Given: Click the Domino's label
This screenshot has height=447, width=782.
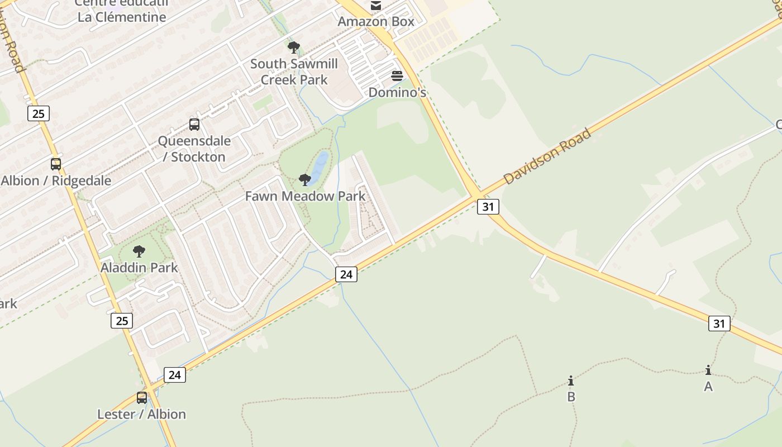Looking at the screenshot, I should tap(397, 92).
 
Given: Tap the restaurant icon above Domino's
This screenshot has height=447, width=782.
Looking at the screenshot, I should tap(397, 76).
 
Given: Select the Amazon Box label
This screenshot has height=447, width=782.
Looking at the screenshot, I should tap(376, 22).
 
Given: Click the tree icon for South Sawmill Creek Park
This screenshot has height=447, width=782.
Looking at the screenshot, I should tap(294, 47).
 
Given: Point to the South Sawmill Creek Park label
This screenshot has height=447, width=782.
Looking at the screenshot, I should tap(294, 72).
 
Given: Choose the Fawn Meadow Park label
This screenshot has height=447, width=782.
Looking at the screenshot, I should tap(305, 196).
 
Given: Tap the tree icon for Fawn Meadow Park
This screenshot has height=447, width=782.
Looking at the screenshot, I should tap(305, 179).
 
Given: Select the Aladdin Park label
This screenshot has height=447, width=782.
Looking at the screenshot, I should tap(139, 268).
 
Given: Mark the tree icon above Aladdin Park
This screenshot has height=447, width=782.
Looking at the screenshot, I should tap(139, 251).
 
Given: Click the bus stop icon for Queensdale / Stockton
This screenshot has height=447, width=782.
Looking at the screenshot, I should tap(194, 125).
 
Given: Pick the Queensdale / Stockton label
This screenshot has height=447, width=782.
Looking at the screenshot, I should tap(194, 149).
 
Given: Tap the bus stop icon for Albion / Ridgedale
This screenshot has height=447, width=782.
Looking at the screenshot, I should tap(56, 164).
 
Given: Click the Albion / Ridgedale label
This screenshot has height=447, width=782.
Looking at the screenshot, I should tap(56, 181).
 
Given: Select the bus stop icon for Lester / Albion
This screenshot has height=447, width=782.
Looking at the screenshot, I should tap(142, 398).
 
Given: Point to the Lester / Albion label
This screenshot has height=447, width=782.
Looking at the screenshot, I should tap(141, 414).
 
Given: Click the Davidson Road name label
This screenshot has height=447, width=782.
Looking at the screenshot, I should tap(547, 156).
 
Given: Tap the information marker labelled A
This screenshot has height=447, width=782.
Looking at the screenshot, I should tap(708, 370).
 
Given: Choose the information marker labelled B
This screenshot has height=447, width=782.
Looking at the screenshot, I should tap(571, 381).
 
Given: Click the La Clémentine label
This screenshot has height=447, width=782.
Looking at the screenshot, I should tap(122, 17).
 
